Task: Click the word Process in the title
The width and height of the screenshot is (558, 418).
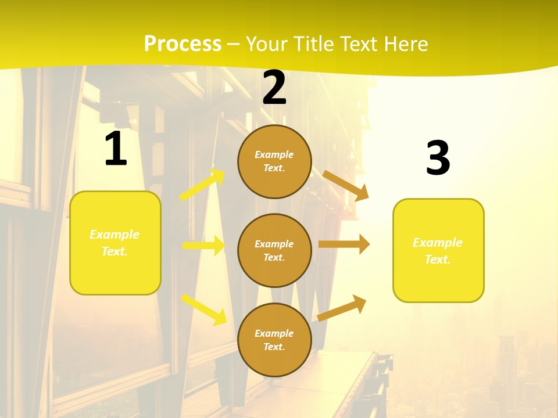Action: (x=183, y=44)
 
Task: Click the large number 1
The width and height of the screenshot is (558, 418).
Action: (x=116, y=149)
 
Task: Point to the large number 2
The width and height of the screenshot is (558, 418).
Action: (x=274, y=88)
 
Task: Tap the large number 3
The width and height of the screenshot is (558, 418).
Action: (x=438, y=158)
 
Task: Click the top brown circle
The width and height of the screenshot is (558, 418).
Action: (x=274, y=161)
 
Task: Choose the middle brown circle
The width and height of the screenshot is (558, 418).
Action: (x=274, y=251)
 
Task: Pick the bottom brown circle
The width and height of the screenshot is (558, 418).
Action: (x=274, y=340)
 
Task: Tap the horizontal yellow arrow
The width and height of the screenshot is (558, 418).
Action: (x=203, y=246)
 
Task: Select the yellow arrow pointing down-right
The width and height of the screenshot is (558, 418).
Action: (x=204, y=309)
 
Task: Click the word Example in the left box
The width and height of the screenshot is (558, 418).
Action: (x=115, y=235)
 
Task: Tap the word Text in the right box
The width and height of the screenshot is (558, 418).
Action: (x=438, y=260)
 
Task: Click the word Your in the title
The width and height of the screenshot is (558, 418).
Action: (x=265, y=44)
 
